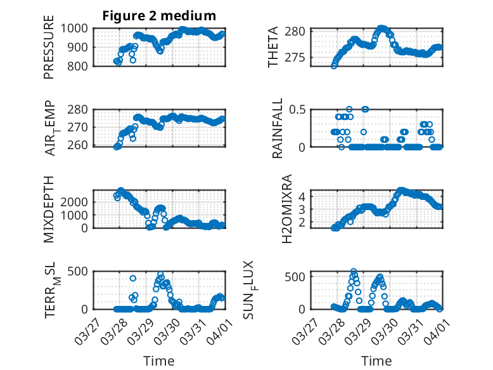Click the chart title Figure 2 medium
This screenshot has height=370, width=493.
tap(159, 16)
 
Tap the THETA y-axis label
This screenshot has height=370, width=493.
tap(273, 48)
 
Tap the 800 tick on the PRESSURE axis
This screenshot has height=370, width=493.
tap(80, 65)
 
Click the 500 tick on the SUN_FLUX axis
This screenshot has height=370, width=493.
tap(299, 277)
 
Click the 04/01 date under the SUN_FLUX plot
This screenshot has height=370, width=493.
tap(432, 331)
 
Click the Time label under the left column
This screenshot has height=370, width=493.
tap(158, 361)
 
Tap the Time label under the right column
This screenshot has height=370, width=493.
tap(377, 361)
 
